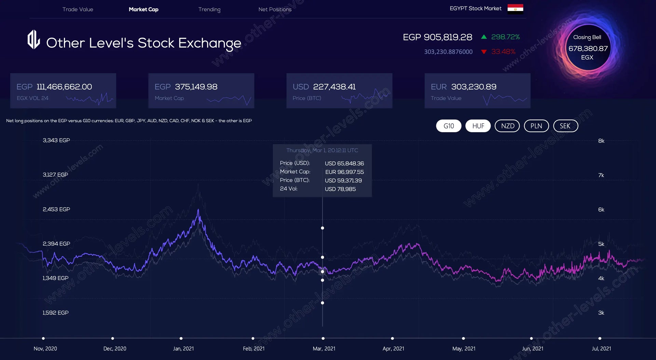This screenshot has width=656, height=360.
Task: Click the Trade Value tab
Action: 78,9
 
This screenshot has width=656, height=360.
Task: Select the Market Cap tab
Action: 143,9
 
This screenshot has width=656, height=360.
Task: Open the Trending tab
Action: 209,9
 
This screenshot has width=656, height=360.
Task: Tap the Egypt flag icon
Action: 515,8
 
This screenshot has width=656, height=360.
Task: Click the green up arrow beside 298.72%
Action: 484,37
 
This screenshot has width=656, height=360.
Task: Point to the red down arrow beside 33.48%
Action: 484,52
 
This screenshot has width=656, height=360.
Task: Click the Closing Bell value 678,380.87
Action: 588,49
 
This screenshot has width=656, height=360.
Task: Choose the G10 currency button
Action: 449,126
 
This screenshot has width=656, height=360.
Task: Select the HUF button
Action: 478,126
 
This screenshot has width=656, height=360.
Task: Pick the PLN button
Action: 536,126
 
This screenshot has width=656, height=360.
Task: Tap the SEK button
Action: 565,126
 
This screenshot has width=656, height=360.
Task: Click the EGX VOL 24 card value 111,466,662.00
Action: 64,87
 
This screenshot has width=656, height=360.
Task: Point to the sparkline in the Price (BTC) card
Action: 365,97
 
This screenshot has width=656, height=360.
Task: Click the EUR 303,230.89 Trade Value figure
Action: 474,87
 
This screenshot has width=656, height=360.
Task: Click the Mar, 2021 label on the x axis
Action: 324,348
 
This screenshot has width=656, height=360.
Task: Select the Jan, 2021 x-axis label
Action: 183,348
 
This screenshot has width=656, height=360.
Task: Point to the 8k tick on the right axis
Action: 601,141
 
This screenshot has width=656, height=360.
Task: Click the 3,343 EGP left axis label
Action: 56,140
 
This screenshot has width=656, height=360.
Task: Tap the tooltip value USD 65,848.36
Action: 344,164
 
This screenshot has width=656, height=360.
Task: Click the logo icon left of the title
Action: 33,40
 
